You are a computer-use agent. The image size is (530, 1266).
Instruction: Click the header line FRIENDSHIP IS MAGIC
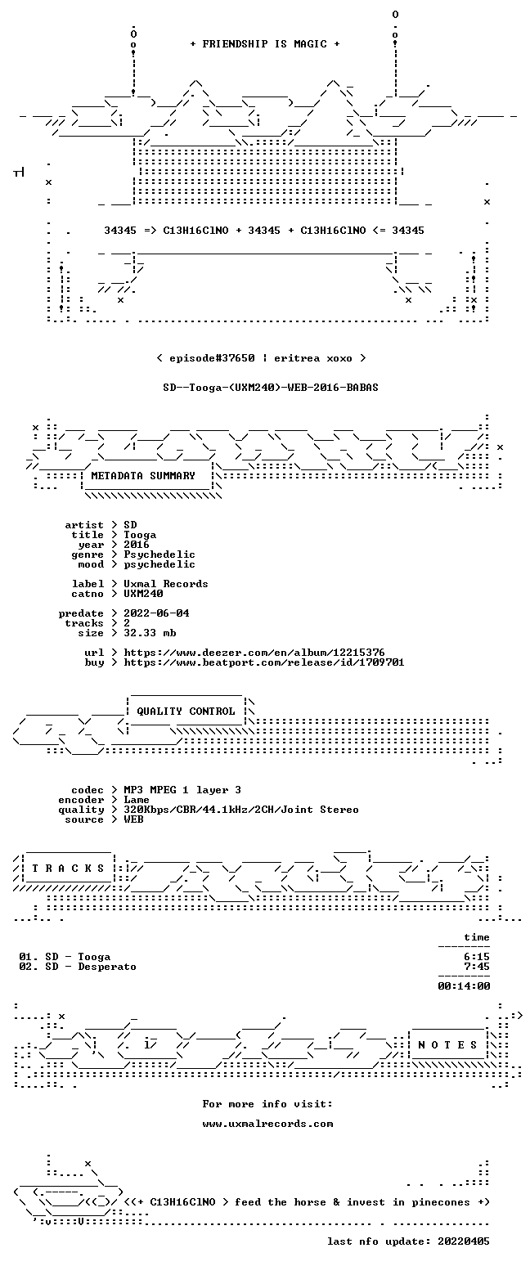pyautogui.click(x=265, y=44)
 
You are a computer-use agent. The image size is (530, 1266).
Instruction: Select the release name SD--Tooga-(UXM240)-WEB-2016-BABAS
pyautogui.click(x=271, y=388)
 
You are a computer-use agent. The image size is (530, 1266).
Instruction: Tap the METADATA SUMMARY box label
pyautogui.click(x=143, y=476)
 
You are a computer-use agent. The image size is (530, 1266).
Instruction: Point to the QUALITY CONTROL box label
pyautogui.click(x=186, y=712)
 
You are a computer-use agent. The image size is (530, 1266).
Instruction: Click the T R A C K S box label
pyautogui.click(x=69, y=868)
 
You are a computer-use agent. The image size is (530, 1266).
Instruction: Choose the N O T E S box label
pyautogui.click(x=448, y=1045)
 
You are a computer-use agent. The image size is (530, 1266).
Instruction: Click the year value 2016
pyautogui.click(x=137, y=545)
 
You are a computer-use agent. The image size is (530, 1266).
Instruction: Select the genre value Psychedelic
pyautogui.click(x=159, y=554)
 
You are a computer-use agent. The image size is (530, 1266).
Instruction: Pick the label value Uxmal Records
pyautogui.click(x=166, y=584)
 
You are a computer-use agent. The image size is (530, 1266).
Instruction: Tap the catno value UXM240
pyautogui.click(x=143, y=594)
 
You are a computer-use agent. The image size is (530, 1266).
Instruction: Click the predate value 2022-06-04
pyautogui.click(x=156, y=613)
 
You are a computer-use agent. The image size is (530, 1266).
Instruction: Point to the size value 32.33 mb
pyautogui.click(x=150, y=633)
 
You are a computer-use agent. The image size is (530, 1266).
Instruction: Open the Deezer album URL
pyautogui.click(x=254, y=653)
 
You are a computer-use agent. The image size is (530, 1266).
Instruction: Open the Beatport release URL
pyautogui.click(x=264, y=662)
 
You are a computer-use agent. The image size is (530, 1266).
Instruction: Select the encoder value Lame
pyautogui.click(x=137, y=801)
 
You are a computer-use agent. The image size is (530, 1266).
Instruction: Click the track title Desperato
pyautogui.click(x=107, y=967)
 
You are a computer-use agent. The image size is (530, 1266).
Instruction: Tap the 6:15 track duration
pyautogui.click(x=477, y=957)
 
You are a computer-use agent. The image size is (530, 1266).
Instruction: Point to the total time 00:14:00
pyautogui.click(x=464, y=986)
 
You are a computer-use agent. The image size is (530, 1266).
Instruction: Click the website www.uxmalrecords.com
pyautogui.click(x=267, y=1125)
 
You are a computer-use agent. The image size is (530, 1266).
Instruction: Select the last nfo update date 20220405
pyautogui.click(x=464, y=1241)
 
